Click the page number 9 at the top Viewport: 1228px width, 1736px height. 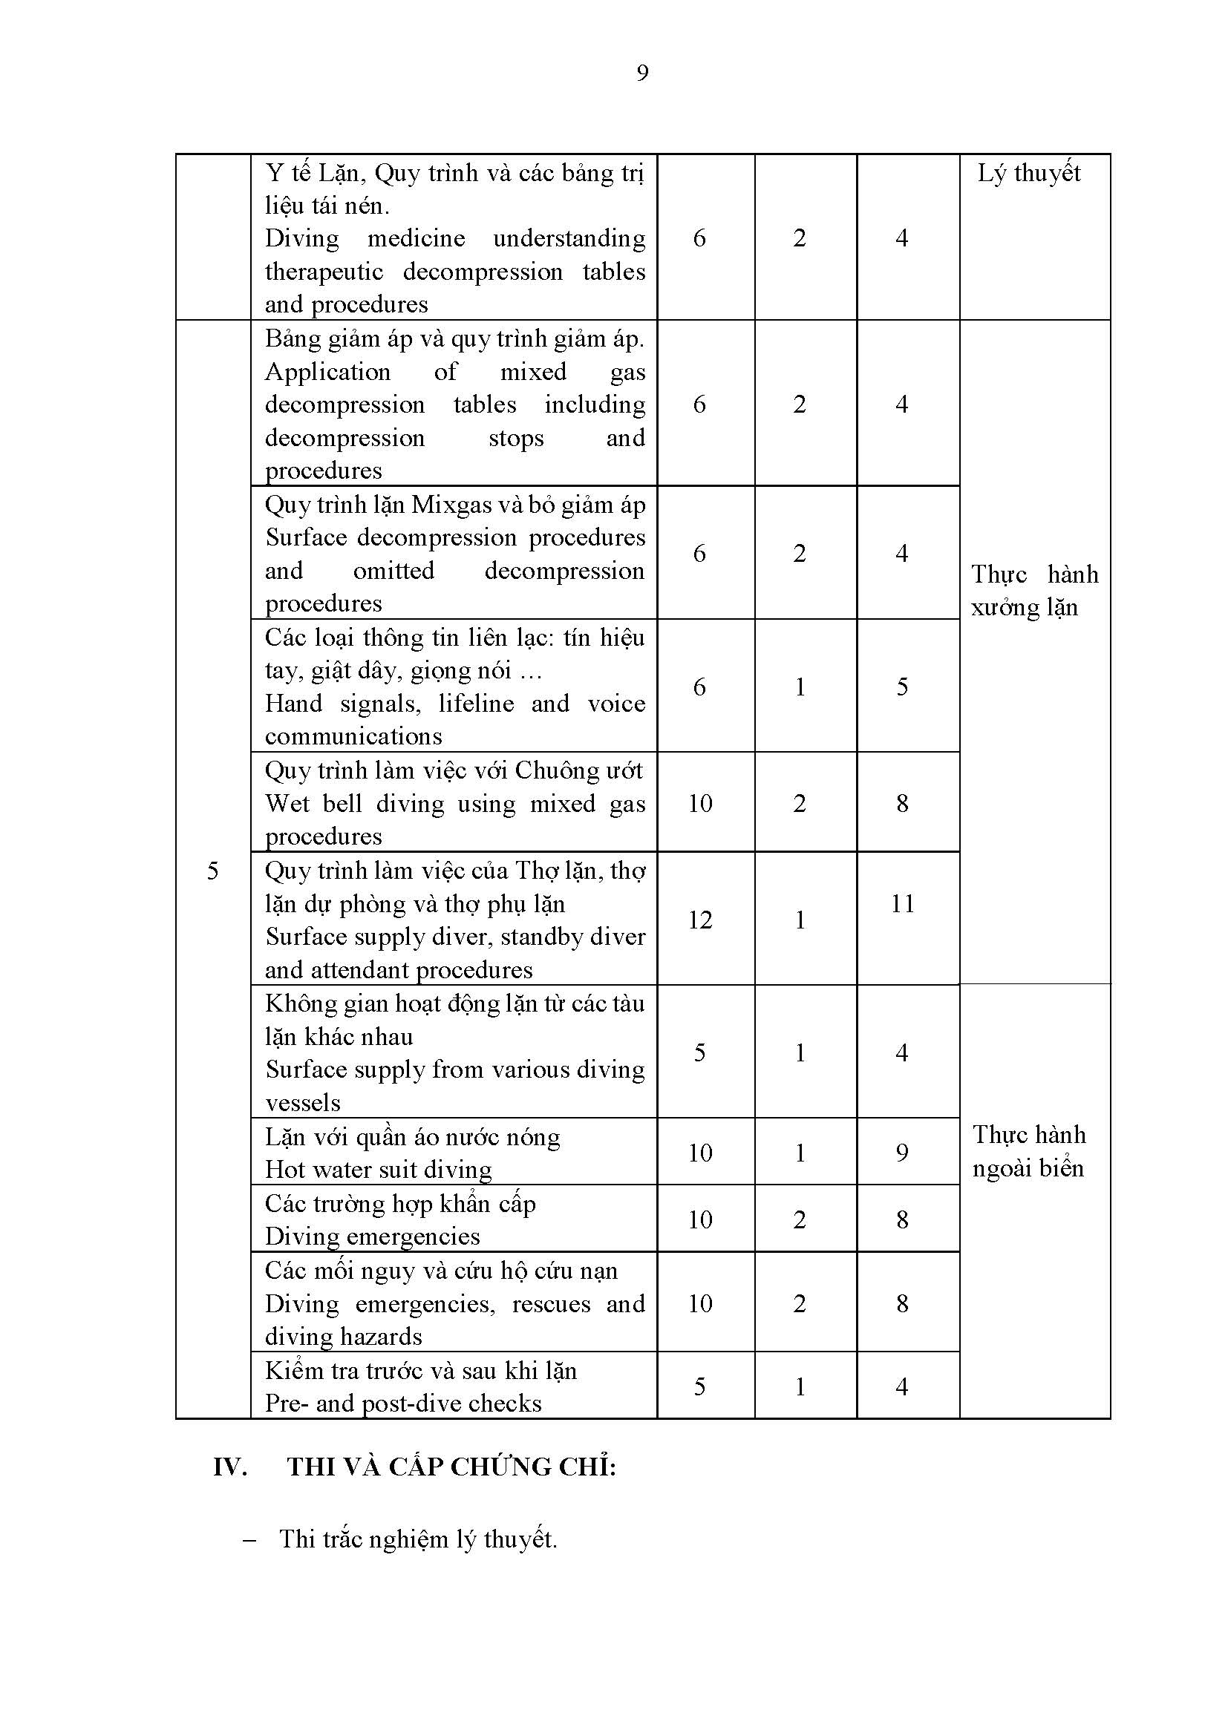(642, 73)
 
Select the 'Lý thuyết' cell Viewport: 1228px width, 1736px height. (1028, 173)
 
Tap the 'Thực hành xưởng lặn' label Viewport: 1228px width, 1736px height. (1033, 591)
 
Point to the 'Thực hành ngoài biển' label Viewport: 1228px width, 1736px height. (1028, 1151)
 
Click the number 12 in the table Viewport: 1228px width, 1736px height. (699, 920)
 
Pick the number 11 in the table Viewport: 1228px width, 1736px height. (902, 903)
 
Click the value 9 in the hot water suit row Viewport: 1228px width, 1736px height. (901, 1153)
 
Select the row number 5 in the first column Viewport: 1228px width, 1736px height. (212, 871)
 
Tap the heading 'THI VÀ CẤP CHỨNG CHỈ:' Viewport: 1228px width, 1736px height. (451, 1467)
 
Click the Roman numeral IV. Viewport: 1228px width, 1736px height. (230, 1467)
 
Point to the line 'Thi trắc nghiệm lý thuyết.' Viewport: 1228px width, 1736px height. (417, 1539)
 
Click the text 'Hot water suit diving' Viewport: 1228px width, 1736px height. (378, 1170)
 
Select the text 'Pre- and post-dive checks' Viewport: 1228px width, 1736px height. (403, 1403)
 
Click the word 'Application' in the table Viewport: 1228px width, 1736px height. (327, 371)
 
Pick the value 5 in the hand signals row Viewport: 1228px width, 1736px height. (901, 687)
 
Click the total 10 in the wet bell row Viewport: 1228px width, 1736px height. (699, 803)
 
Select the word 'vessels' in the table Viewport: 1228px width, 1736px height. (302, 1102)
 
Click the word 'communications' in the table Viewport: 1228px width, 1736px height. (353, 736)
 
